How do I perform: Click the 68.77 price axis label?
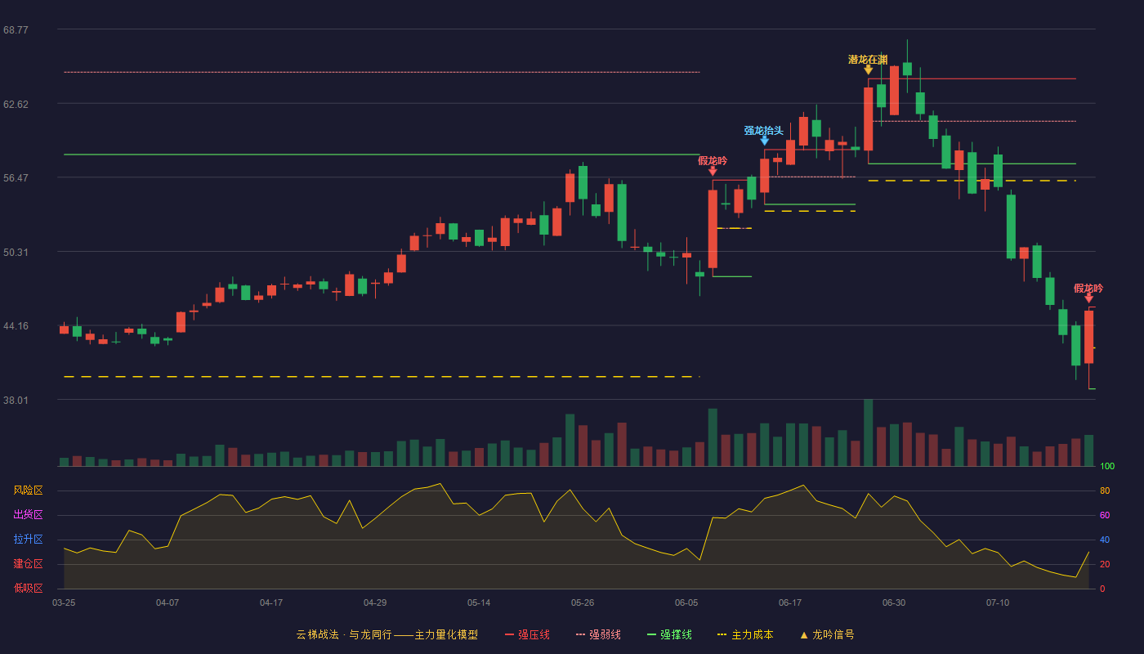(x=16, y=30)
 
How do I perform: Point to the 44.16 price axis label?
(x=16, y=326)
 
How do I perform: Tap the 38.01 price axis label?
(x=16, y=400)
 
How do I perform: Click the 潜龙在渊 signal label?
(x=868, y=60)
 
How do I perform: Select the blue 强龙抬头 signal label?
(x=763, y=130)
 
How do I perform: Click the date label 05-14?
(x=479, y=603)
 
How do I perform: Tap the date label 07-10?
(x=998, y=603)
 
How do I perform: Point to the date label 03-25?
(x=64, y=603)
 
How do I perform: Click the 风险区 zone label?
(x=28, y=490)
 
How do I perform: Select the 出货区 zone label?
(x=28, y=514)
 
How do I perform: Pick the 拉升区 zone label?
(x=28, y=539)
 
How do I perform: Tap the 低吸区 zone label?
(x=28, y=588)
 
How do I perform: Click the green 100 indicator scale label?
(x=1107, y=466)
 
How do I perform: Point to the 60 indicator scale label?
(x=1105, y=515)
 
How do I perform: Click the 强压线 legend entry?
(x=527, y=634)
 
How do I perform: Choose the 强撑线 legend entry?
(x=669, y=634)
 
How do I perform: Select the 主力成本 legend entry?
(x=745, y=634)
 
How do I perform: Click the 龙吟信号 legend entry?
(x=827, y=634)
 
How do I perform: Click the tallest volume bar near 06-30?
(x=868, y=432)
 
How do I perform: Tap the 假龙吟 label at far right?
(x=1088, y=289)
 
